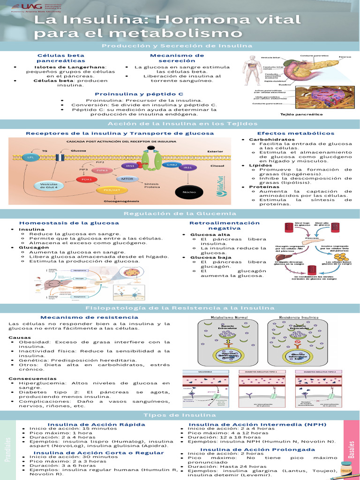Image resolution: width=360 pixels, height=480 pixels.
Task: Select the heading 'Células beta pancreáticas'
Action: [x=61, y=58]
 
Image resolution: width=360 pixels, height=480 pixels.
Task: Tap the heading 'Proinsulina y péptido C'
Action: [x=139, y=94]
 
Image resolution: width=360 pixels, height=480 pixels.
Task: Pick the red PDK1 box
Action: [x=87, y=179]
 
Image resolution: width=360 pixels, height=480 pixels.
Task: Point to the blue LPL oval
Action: [x=31, y=157]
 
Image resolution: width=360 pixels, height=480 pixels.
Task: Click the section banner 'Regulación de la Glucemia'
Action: [x=180, y=214]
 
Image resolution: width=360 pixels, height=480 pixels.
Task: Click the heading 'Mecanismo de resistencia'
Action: [x=76, y=317]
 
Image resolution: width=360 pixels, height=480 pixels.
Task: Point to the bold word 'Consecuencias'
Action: [x=26, y=378]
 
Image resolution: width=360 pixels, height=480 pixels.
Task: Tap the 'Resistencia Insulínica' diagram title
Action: [x=299, y=318]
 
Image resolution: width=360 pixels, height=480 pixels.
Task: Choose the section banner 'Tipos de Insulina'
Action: [x=180, y=415]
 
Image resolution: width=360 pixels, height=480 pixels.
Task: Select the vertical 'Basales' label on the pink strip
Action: [x=352, y=449]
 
